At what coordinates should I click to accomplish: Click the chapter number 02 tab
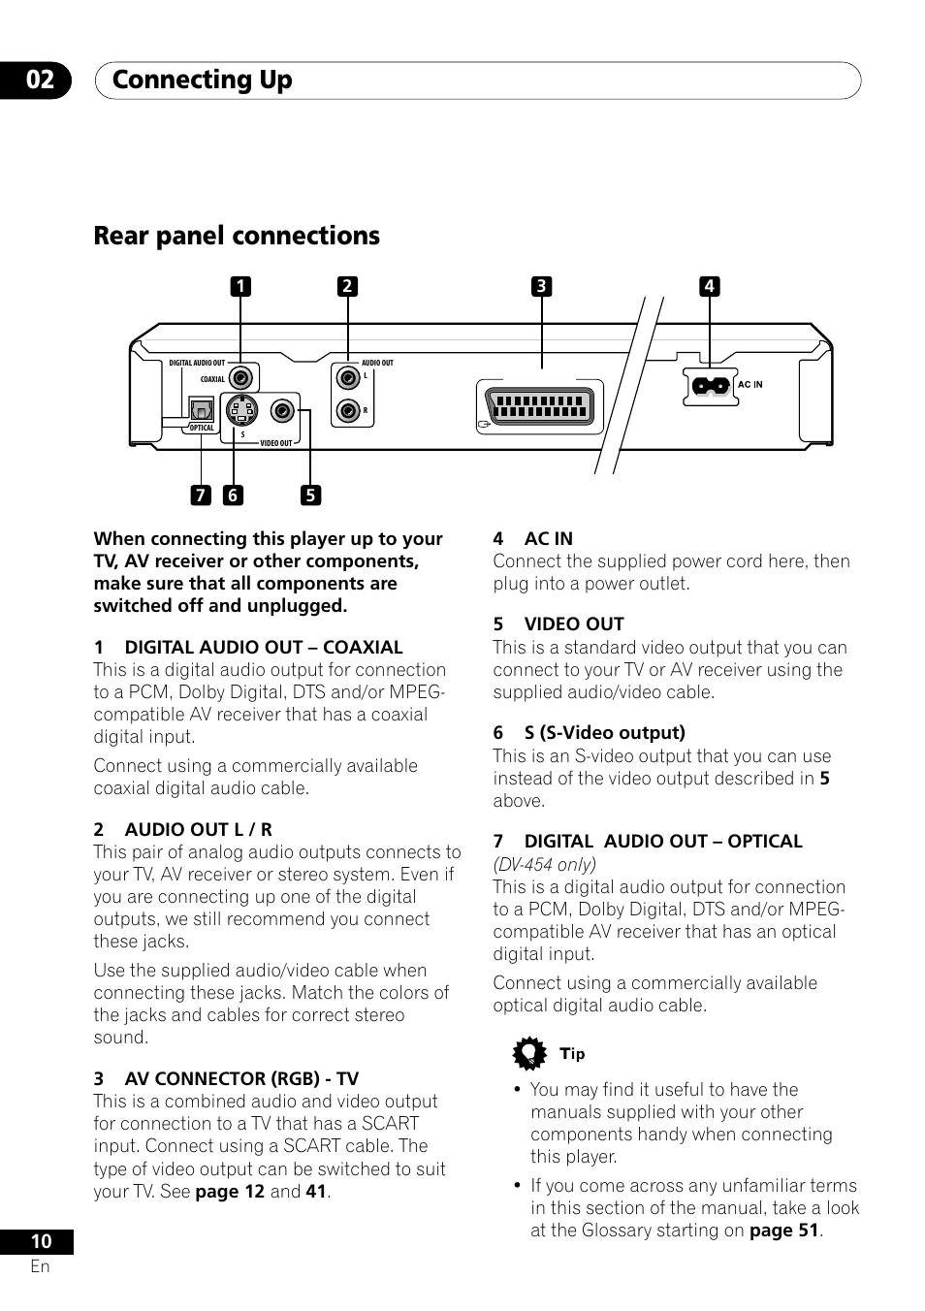[40, 80]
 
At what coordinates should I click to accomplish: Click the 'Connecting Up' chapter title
[202, 80]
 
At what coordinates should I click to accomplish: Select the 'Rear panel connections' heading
[237, 236]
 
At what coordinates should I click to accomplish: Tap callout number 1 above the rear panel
[239, 286]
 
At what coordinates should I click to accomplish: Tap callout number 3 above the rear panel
[541, 286]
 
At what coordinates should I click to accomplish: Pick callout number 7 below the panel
[200, 496]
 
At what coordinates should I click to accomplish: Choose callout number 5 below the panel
[309, 496]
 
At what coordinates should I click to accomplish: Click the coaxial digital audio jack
[241, 378]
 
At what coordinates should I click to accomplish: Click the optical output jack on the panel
[201, 410]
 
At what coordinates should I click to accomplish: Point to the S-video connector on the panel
[241, 410]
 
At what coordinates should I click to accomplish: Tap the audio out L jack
[347, 377]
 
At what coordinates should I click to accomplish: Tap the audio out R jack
[347, 410]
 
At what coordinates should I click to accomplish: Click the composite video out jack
[282, 410]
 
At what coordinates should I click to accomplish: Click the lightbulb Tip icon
[529, 1054]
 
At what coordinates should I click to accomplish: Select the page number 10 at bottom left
[40, 1241]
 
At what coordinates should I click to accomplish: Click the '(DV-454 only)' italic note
[544, 864]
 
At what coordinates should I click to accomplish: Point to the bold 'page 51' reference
[783, 1231]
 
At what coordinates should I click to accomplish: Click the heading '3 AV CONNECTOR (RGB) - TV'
[226, 1078]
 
